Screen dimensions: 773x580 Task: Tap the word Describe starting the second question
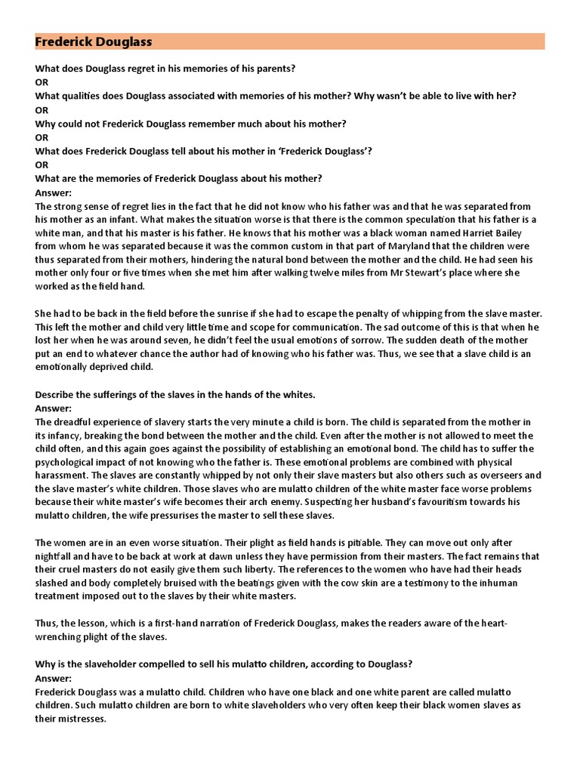57,395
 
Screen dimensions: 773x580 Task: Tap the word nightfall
57,556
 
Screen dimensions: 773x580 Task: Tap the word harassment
63,476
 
